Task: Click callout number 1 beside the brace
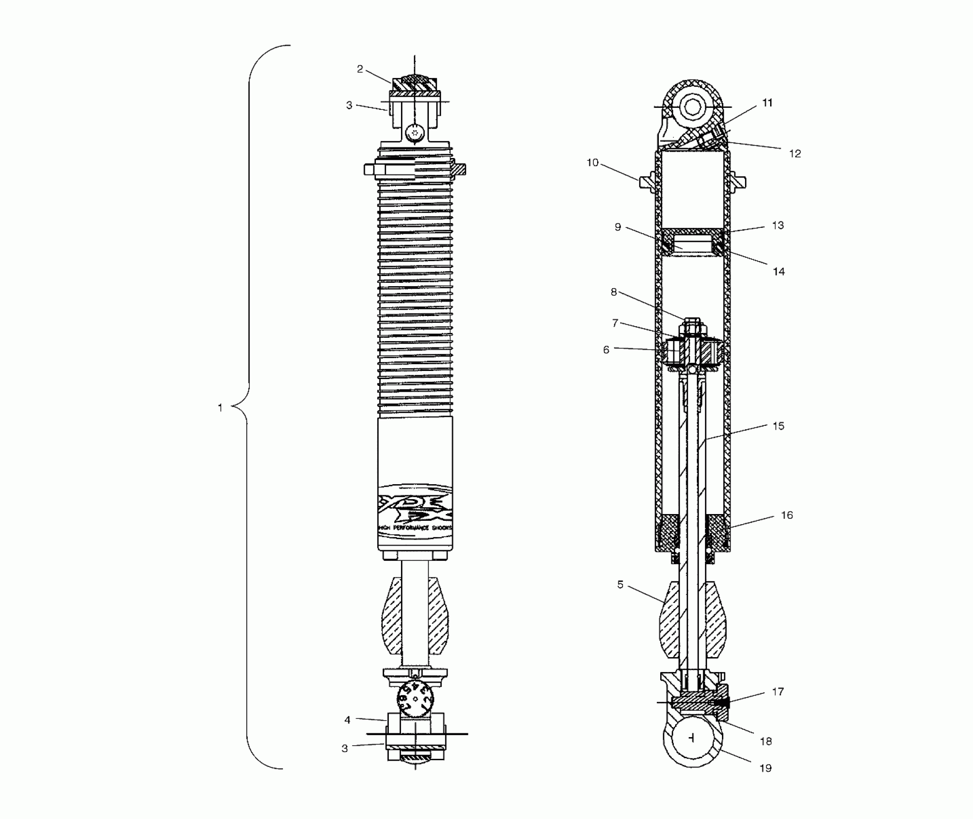click(220, 408)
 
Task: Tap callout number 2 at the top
click(360, 69)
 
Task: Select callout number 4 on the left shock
click(347, 720)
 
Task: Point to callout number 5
click(620, 585)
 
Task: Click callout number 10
click(592, 163)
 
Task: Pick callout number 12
click(795, 154)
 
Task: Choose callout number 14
click(779, 272)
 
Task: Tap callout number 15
click(778, 426)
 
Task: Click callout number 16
click(786, 515)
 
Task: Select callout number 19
click(766, 768)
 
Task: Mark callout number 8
click(613, 292)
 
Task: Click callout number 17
click(778, 692)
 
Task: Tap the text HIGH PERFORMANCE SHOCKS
click(415, 528)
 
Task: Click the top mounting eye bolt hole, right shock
click(692, 107)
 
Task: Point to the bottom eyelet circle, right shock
click(693, 738)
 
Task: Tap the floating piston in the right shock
click(692, 242)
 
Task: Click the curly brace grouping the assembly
click(248, 407)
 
